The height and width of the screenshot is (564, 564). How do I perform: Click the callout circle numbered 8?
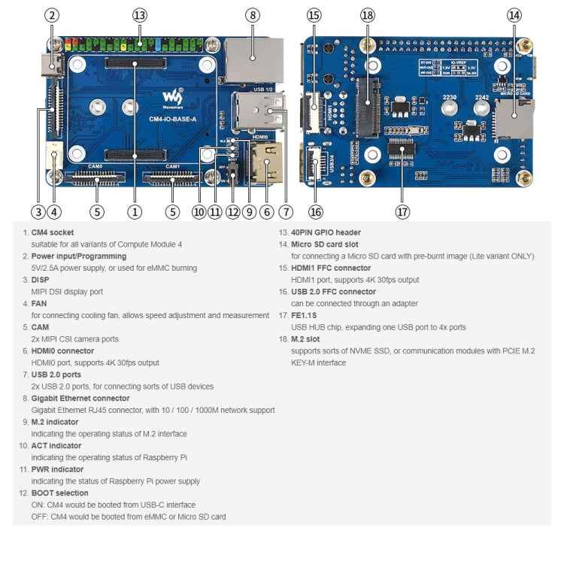[x=253, y=15]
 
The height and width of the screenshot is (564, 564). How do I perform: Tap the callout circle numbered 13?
[x=139, y=15]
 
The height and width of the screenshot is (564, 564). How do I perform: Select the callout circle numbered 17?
[x=402, y=212]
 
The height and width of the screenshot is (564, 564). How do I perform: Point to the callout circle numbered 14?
[x=514, y=15]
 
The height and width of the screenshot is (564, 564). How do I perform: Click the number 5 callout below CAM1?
[x=173, y=212]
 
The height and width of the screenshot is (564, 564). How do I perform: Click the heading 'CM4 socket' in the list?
[x=52, y=232]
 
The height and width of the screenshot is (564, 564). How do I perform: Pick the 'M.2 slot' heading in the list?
[x=308, y=338]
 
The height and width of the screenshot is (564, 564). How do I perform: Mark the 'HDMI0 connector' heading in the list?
[x=62, y=350]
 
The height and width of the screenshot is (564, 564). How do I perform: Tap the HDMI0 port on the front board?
[x=264, y=164]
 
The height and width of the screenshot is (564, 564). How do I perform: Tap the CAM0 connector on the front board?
[x=96, y=178]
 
